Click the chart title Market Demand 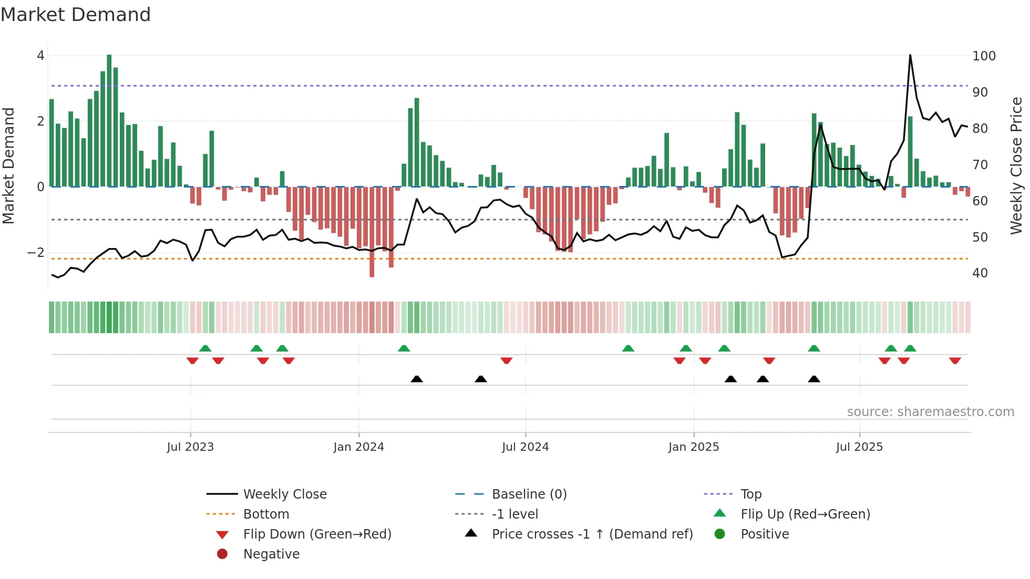tap(76, 15)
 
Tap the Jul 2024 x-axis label tap(525, 447)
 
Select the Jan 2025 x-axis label tap(693, 447)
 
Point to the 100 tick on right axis tap(984, 56)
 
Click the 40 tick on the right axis tap(980, 273)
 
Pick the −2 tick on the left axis tap(36, 253)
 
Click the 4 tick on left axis tap(40, 56)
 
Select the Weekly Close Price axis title tap(1016, 166)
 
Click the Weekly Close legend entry tap(284, 494)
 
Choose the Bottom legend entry tap(266, 514)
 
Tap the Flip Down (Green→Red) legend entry tap(317, 534)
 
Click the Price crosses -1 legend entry tap(592, 534)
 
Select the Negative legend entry tap(271, 554)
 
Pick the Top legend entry tap(751, 494)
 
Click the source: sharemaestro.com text tap(930, 412)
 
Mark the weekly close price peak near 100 tap(910, 56)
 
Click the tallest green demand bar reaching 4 tap(109, 121)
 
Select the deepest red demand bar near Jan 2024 tap(372, 231)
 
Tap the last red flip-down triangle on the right tap(955, 360)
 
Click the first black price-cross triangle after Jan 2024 tap(417, 379)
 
